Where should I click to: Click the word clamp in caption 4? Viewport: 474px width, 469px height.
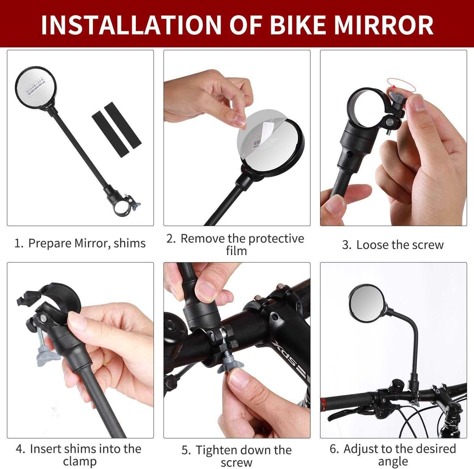(79, 461)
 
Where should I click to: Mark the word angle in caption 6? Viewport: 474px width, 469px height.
(393, 461)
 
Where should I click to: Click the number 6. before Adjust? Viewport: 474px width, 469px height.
(334, 449)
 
